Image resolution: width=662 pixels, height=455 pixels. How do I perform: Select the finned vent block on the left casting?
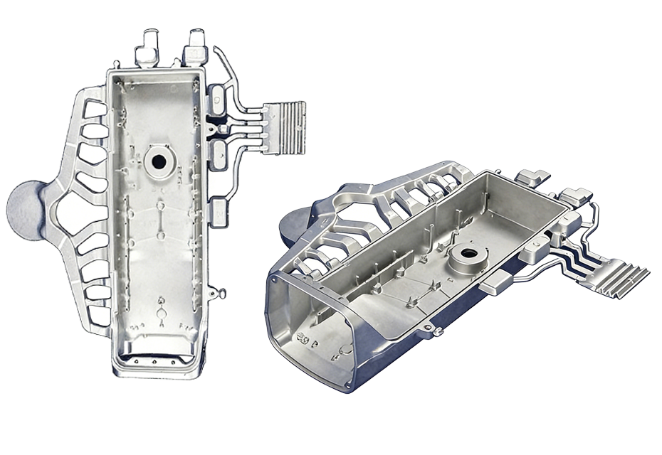284,127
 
